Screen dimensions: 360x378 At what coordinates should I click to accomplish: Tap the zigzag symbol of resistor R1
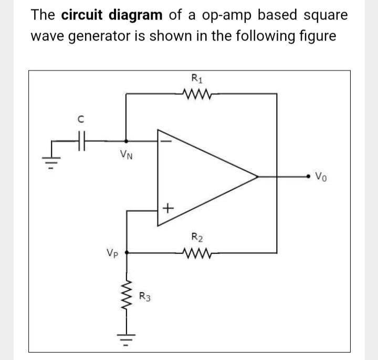(x=197, y=95)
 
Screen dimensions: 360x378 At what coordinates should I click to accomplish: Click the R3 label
(x=145, y=297)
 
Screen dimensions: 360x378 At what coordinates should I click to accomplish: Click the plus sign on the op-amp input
(x=167, y=209)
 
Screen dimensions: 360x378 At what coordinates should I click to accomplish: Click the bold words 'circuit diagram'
(x=112, y=15)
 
